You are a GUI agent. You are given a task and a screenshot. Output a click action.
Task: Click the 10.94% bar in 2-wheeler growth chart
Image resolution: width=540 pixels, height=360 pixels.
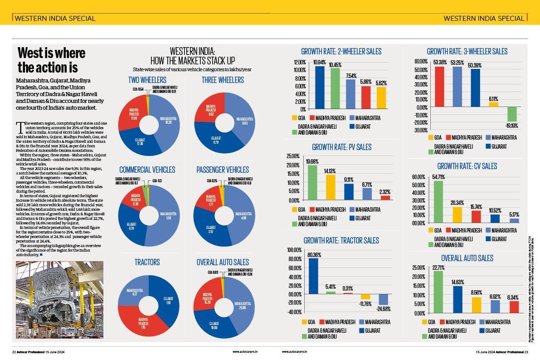tap(320, 88)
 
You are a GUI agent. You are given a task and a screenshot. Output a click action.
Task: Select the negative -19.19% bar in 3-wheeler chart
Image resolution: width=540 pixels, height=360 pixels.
tap(512, 114)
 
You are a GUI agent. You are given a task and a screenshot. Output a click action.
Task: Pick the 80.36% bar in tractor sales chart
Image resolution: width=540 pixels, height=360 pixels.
tap(313, 276)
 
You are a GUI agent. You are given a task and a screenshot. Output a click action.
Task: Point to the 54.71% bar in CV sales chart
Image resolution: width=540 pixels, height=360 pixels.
tap(438, 202)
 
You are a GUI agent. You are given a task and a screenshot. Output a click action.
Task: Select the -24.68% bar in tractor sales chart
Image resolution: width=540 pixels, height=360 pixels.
tap(384, 299)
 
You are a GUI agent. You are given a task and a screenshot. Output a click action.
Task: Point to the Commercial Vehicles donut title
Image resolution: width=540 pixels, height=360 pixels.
tap(147, 170)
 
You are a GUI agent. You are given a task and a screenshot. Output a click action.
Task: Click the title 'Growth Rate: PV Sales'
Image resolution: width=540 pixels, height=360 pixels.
tap(341, 147)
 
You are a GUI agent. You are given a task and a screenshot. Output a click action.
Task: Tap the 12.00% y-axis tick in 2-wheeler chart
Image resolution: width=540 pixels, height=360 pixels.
tap(300, 62)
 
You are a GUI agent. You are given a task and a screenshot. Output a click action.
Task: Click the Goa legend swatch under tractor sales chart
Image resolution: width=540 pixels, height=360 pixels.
tap(305, 322)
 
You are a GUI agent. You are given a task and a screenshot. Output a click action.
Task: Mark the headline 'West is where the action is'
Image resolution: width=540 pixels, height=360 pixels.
tap(51, 60)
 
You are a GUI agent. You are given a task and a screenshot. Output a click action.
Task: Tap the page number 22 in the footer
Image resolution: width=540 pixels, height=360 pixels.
tap(14, 352)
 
